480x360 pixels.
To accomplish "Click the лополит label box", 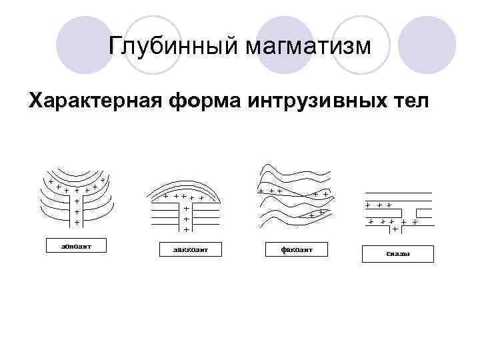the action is coord(76,245).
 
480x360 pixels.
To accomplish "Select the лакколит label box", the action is coord(187,250).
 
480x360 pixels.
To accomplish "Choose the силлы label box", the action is coord(397,254).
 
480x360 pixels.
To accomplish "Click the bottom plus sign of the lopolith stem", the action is coord(77,222).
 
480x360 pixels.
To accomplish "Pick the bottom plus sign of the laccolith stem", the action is coord(187,229).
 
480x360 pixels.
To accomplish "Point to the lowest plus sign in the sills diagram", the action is coord(395,229).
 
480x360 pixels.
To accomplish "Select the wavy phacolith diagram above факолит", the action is coord(295,197).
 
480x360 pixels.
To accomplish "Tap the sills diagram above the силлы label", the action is coord(397,211).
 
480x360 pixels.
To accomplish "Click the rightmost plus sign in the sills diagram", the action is coord(415,221).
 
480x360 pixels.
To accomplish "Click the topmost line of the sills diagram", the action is coord(397,193).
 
